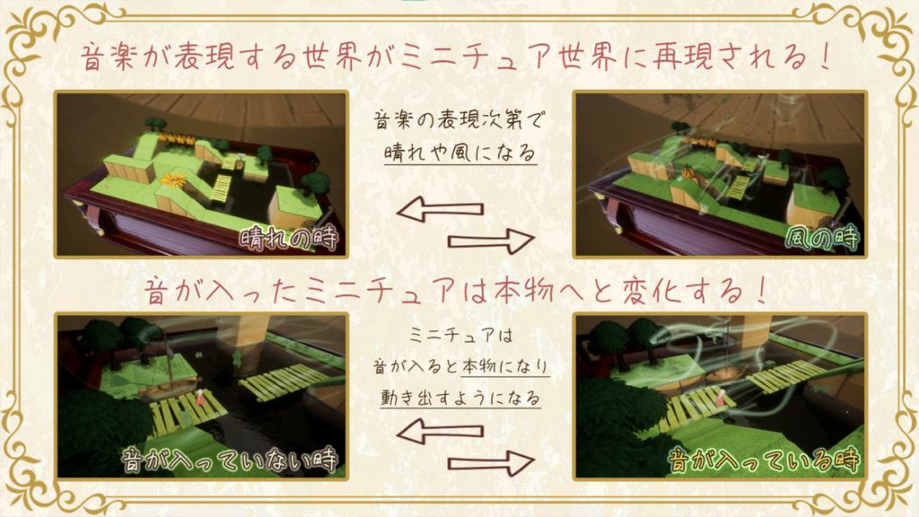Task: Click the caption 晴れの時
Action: (x=288, y=239)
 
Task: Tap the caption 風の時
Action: (x=823, y=239)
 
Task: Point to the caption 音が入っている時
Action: (x=763, y=460)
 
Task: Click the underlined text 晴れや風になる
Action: (x=460, y=153)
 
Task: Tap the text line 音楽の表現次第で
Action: (x=459, y=120)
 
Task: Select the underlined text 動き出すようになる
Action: (x=460, y=398)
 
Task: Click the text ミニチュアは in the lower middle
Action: (x=460, y=336)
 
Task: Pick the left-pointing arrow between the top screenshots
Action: (x=440, y=208)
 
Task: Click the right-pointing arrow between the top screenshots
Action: (x=491, y=241)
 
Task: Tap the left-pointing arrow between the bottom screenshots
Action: (x=440, y=432)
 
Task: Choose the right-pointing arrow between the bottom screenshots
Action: (x=491, y=463)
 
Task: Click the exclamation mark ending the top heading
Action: (x=826, y=57)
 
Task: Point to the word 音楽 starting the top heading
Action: (x=109, y=57)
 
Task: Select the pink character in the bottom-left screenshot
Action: (x=200, y=398)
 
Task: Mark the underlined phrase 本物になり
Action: (x=505, y=366)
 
